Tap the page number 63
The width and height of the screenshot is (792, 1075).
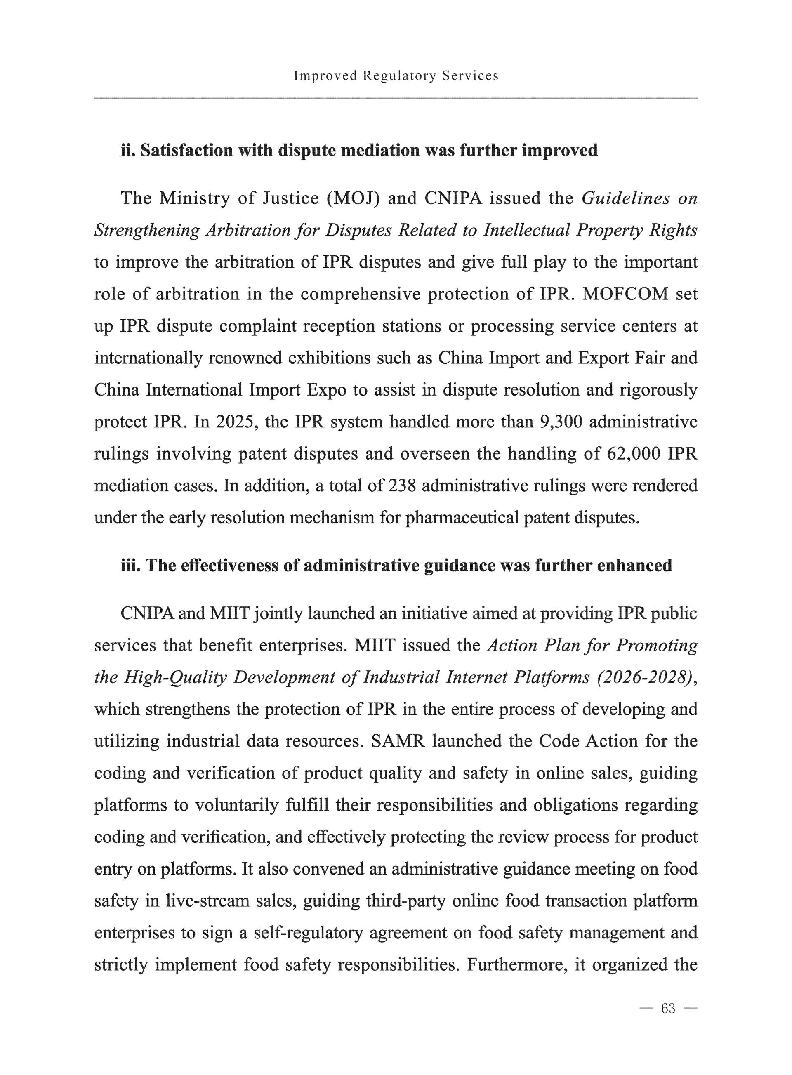click(668, 1008)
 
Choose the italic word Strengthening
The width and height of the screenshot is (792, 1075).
click(147, 230)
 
